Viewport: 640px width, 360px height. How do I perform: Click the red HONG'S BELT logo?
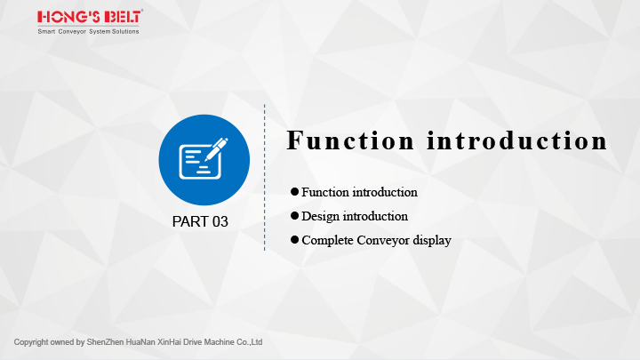coord(90,17)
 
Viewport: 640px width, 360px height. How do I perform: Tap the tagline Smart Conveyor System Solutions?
coord(88,31)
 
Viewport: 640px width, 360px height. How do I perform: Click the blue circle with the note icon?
coord(204,160)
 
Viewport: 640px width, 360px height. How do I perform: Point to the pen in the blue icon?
coord(216,149)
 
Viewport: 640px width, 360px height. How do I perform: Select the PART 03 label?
coord(200,221)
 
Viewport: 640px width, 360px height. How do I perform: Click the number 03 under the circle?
coord(220,221)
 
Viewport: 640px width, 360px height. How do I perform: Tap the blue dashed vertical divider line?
coord(265,178)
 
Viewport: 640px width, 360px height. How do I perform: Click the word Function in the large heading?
coord(350,140)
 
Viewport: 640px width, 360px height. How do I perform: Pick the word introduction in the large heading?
coord(517,140)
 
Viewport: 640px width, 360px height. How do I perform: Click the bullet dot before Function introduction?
coord(295,191)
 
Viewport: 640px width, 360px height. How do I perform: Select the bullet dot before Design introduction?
coord(295,215)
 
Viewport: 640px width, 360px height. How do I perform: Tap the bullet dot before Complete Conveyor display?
coord(295,240)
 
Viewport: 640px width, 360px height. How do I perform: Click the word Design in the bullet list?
coord(320,216)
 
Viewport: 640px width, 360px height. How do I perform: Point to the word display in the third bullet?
coord(432,240)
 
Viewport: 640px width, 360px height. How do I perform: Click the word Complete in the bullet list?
coord(327,240)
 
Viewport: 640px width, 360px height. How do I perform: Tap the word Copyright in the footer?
coord(31,342)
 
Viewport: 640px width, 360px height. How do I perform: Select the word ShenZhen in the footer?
coord(105,342)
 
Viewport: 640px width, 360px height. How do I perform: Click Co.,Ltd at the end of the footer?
coord(250,342)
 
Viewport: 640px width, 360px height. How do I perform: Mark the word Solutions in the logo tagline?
coord(125,31)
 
